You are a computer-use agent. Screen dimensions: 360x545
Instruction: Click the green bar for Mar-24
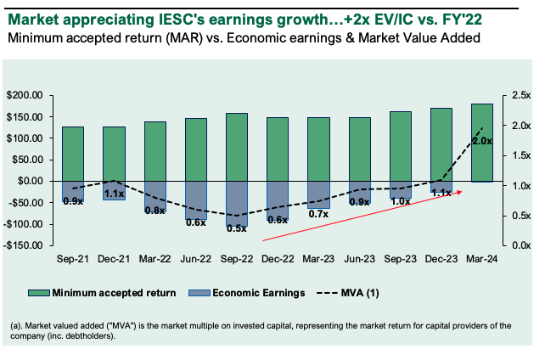tap(482, 143)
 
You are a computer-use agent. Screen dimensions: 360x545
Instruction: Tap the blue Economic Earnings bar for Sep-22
tap(237, 204)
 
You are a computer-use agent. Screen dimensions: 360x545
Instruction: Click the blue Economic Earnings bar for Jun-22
tap(196, 200)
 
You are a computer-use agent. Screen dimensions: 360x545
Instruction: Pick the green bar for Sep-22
tap(237, 147)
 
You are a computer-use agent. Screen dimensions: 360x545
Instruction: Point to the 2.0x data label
tap(481, 141)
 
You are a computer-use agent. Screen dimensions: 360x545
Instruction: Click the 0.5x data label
tap(237, 228)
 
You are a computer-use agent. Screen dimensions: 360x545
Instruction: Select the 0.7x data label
tap(318, 214)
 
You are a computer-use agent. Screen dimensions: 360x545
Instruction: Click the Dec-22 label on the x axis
tap(278, 259)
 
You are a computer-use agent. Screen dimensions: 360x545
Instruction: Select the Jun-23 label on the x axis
tap(359, 259)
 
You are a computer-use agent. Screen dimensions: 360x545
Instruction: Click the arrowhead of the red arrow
tap(462, 192)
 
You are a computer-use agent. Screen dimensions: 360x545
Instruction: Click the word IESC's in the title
tap(166, 16)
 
